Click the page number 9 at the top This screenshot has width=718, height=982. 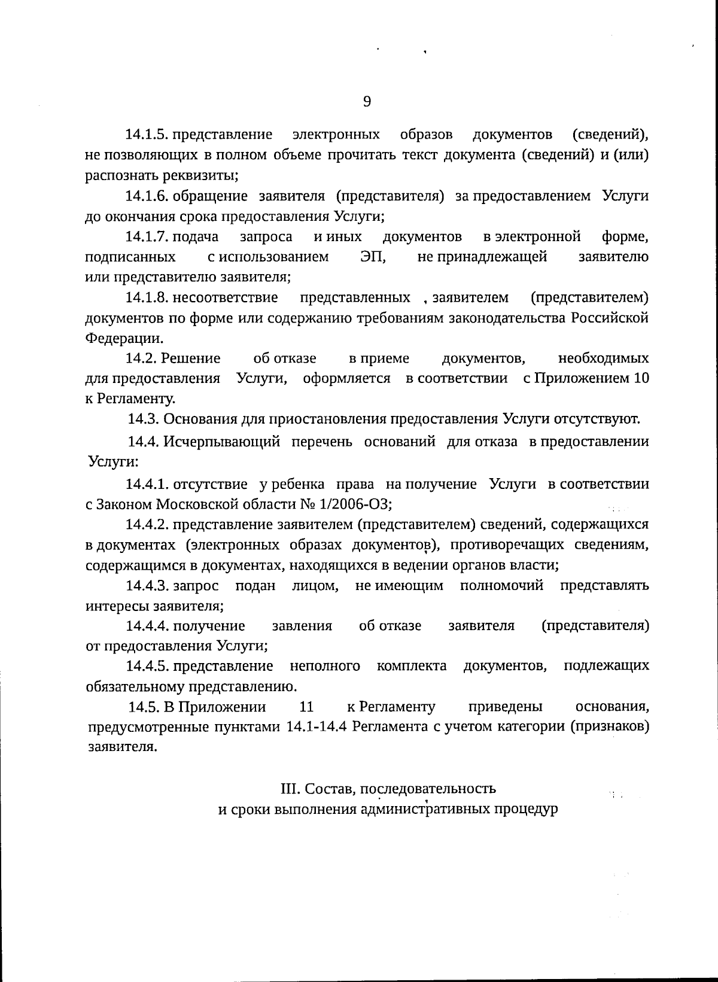(367, 102)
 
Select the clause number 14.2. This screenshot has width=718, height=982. (142, 358)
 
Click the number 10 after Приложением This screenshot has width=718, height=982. (641, 379)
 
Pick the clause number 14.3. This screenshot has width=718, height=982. (144, 419)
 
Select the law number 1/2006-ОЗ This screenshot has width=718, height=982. (357, 504)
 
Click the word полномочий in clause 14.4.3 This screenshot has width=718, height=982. (501, 585)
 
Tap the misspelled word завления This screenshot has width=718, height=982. (302, 626)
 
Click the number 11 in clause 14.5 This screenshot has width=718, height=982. (306, 707)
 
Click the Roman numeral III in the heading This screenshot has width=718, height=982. (290, 789)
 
